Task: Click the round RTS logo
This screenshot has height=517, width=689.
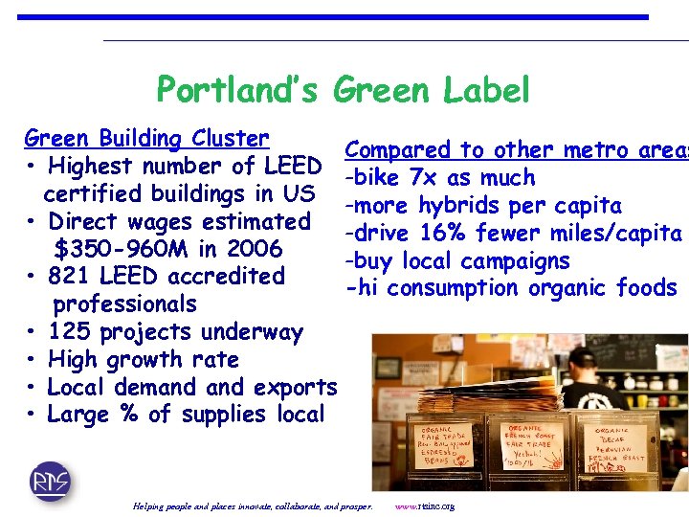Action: (x=50, y=480)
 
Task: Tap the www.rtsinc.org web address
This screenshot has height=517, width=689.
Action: (x=424, y=506)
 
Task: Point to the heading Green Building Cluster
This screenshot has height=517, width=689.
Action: (x=146, y=139)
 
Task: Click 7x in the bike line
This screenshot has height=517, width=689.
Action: (x=423, y=177)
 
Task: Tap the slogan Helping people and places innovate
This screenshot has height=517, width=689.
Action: (x=254, y=506)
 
